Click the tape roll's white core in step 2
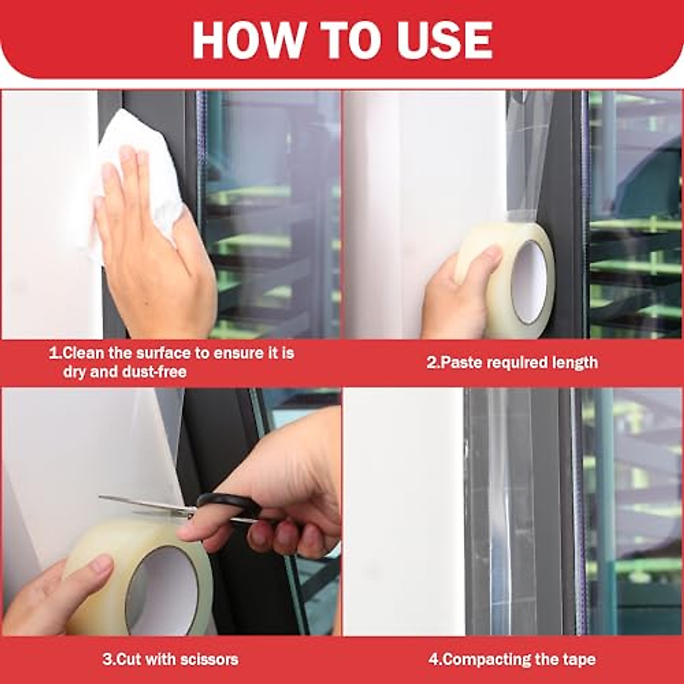528,280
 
